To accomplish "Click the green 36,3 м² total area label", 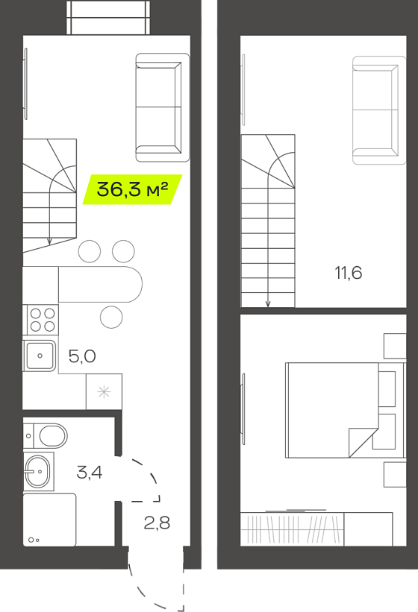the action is tap(132, 189).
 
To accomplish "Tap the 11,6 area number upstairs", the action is tap(349, 273).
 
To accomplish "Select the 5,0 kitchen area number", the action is tap(82, 356).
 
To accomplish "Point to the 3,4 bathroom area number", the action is tap(90, 473).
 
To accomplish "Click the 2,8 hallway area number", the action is tap(157, 523).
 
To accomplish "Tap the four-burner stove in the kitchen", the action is tap(43, 320).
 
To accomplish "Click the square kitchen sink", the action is tap(40, 356).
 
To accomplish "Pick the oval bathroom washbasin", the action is tap(37, 471).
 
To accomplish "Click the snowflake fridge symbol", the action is tap(104, 391).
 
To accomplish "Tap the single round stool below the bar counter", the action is tap(111, 317).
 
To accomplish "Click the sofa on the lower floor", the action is tap(163, 107).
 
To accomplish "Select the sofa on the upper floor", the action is tap(379, 110).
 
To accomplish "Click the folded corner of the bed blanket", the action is tap(364, 442).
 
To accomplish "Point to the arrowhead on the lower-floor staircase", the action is tap(49, 242).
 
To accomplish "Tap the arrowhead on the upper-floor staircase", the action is tap(268, 303).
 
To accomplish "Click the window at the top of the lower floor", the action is tap(108, 18).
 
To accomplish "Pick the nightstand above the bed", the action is tap(395, 346).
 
